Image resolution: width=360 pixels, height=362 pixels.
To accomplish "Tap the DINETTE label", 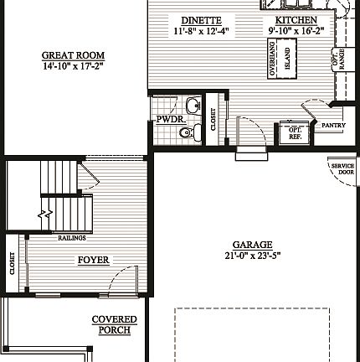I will [x=201, y=19].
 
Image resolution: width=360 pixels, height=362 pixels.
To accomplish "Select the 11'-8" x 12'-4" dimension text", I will [x=201, y=30].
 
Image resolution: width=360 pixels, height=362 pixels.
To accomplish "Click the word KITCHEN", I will [x=296, y=19].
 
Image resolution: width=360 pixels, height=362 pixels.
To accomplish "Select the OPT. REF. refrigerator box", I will [x=295, y=133].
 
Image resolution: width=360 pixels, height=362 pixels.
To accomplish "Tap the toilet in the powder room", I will [x=189, y=132].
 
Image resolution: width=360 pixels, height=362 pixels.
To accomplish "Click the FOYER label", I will [x=93, y=260].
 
